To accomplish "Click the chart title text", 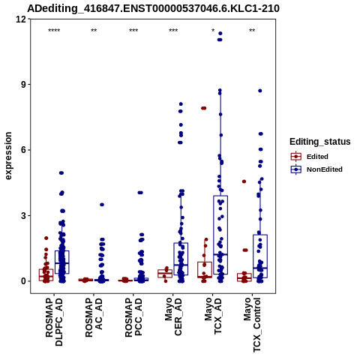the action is point(153,8).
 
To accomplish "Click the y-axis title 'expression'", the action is point(8,156).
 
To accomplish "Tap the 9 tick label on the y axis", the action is point(24,85).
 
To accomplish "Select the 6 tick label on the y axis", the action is point(24,150).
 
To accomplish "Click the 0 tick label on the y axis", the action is point(24,281).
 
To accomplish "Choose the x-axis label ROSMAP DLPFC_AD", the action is point(54,322).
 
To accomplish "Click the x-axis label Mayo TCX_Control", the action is point(252,325).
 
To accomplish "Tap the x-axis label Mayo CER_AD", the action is point(173,317).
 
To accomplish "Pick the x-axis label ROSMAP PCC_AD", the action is point(133,317).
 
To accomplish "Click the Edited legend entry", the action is point(310,157).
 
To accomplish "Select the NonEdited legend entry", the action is point(316,169).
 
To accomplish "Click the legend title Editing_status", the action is point(320,142).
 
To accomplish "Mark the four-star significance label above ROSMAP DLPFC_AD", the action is point(54,31).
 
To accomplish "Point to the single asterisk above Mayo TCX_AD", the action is point(213,30).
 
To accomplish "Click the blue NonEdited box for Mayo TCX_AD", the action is point(220,235).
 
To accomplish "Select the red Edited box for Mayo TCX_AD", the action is point(205,270).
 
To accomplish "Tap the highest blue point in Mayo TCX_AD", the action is point(220,33).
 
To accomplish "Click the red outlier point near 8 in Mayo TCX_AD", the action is point(203,108).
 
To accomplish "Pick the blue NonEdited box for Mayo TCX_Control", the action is point(260,256).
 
